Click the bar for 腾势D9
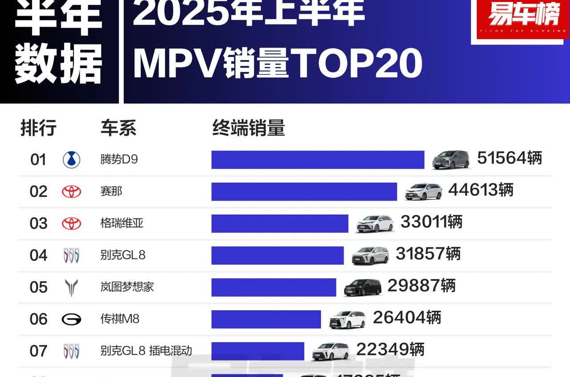(318, 160)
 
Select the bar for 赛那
(304, 192)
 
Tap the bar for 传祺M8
(266, 319)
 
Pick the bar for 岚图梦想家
(273, 287)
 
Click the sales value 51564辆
(509, 158)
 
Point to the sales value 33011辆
(432, 222)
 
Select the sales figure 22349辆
(390, 350)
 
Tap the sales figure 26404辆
(407, 318)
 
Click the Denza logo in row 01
(71, 160)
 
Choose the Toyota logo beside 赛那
(71, 192)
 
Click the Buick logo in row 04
(71, 255)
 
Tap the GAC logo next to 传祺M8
(71, 319)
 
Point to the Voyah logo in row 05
(71, 287)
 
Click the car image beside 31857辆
(370, 255)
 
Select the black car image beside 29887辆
(362, 287)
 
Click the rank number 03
(38, 223)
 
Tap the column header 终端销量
(248, 128)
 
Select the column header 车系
(118, 128)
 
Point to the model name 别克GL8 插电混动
(146, 351)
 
